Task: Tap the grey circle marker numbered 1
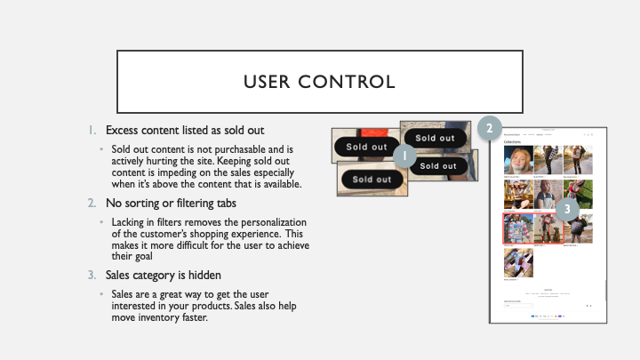tap(405, 157)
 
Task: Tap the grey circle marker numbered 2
tap(489, 129)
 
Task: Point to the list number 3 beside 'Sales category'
tap(92, 275)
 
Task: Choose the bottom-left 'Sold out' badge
tap(371, 180)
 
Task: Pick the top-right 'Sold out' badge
tap(435, 138)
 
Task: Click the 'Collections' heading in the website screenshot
tap(513, 142)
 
